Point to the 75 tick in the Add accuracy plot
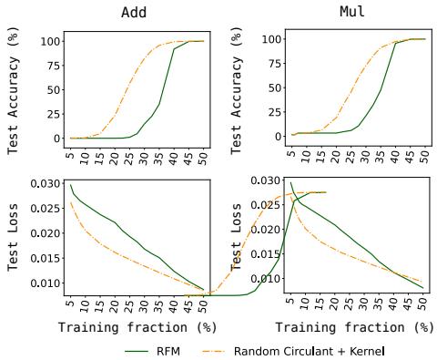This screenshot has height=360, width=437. [52, 66]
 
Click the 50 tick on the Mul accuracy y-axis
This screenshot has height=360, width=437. [270, 88]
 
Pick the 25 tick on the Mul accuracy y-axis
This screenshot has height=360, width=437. [270, 112]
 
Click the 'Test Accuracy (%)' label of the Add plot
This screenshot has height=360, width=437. [14, 88]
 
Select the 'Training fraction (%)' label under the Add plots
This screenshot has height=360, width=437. [136, 326]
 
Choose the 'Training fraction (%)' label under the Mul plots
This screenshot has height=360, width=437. [354, 326]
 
